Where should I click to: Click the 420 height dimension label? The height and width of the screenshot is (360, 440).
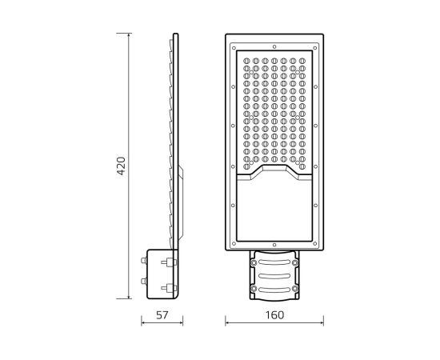click(121, 166)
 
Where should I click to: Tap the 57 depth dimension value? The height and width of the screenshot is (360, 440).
click(162, 315)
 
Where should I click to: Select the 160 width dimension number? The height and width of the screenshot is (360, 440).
click(274, 315)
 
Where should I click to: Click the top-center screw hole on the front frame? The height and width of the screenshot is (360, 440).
click(274, 46)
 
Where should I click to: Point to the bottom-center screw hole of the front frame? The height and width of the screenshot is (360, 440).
click(274, 246)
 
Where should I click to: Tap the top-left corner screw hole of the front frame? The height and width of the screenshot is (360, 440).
click(234, 48)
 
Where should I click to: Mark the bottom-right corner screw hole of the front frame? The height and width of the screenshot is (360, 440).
click(315, 244)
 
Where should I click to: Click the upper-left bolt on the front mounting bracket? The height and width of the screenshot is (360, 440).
click(254, 262)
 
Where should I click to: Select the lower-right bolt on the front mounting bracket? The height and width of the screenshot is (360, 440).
click(294, 288)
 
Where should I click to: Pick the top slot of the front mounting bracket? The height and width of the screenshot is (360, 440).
click(274, 262)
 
